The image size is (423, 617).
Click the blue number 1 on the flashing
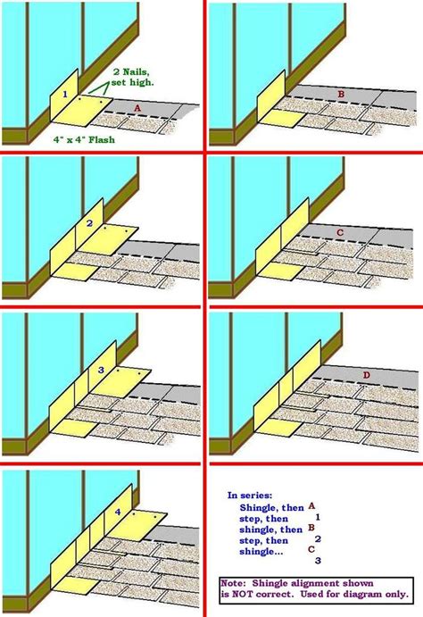64,93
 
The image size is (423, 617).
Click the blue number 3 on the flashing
101,368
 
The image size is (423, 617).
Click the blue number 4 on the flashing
118,513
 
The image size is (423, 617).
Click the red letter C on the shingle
339,232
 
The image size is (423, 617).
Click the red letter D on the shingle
366,375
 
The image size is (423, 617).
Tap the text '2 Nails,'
134,71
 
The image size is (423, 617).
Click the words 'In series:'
245,494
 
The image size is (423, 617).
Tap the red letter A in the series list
311,504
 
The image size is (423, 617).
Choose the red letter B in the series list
311,528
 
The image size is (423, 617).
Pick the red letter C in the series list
311,550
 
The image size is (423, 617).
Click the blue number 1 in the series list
318,516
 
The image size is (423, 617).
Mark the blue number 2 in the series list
318,538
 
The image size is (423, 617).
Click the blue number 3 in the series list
318,561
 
